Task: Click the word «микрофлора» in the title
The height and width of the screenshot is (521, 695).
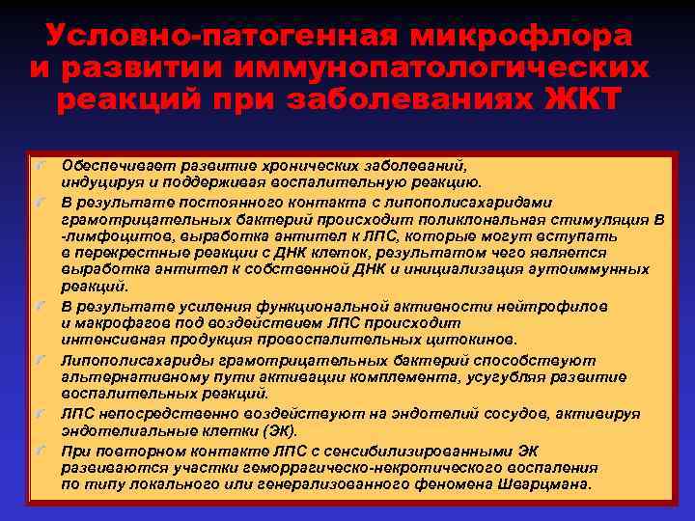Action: point(522,36)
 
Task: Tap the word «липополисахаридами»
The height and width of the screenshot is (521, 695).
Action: point(468,203)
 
